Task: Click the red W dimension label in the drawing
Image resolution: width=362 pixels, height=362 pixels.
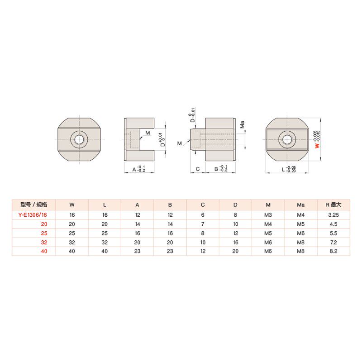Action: click(317, 146)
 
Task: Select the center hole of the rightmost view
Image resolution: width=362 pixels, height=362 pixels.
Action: click(287, 139)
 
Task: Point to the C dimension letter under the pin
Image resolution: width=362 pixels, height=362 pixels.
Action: click(198, 169)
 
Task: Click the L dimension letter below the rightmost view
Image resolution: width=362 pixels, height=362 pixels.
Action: click(283, 169)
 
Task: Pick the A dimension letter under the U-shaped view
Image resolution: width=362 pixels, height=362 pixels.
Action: click(134, 169)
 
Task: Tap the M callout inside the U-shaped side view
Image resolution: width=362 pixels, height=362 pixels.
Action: click(148, 132)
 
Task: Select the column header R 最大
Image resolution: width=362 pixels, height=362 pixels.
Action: click(333, 205)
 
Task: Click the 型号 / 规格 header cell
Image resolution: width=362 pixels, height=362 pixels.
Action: click(34, 205)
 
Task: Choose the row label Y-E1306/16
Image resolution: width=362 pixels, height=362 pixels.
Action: click(33, 214)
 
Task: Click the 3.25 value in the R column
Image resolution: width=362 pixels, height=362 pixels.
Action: click(333, 214)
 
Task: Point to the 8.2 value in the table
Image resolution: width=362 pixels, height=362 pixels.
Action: click(333, 251)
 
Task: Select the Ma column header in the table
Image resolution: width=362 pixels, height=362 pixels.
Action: click(301, 205)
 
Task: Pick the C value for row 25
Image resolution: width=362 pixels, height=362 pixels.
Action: click(203, 233)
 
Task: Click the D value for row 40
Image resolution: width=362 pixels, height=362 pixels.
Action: click(235, 251)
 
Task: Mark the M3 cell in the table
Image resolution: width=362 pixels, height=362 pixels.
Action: click(268, 214)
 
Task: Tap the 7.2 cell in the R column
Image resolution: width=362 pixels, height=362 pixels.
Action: click(333, 242)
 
